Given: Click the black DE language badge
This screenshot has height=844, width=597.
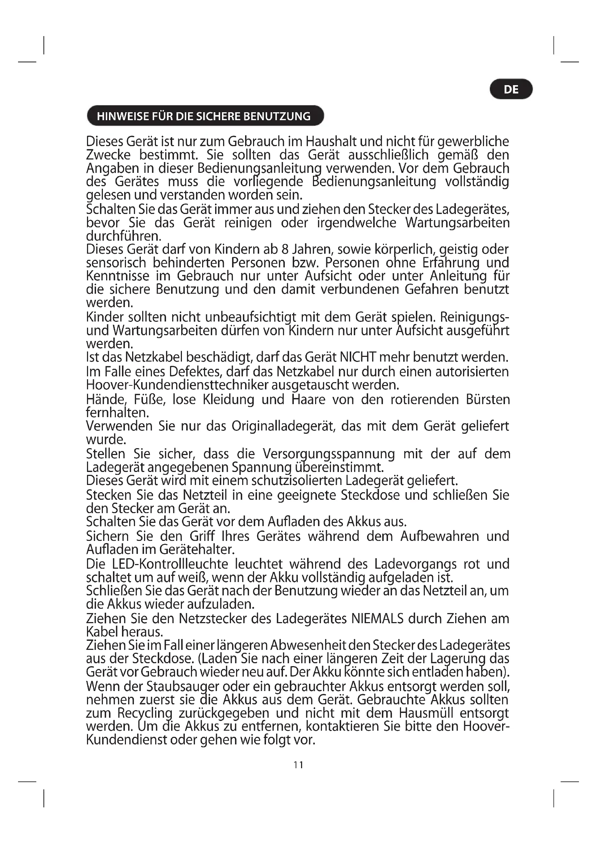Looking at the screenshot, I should point(511,89).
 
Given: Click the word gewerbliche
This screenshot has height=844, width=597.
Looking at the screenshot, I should point(474,141).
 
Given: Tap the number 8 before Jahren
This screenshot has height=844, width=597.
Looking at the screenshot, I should point(284,249).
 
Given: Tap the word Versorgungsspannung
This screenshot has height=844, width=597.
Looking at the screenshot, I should point(329,454).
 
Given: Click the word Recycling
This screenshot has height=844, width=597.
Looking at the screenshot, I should point(145,713).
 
